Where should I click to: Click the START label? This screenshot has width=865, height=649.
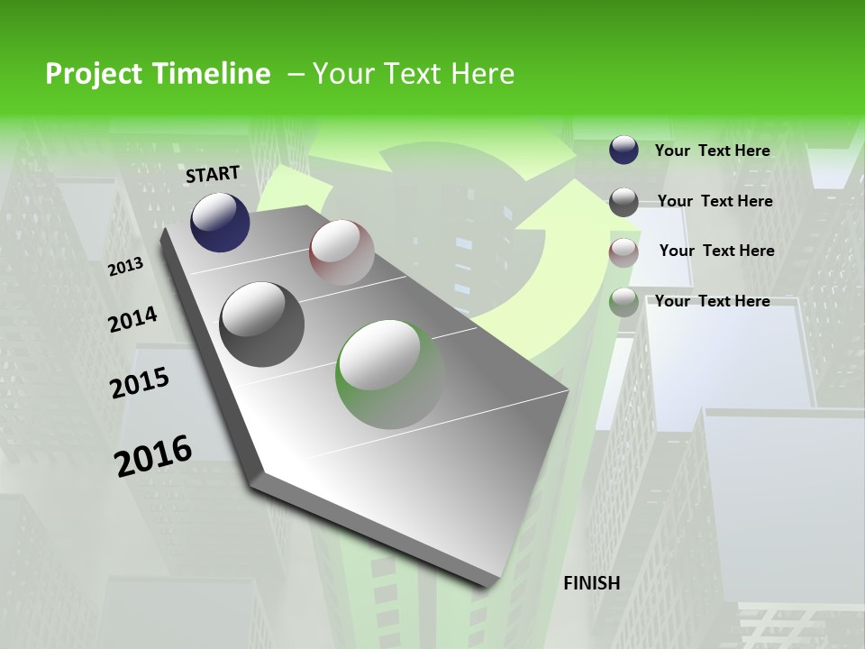pyautogui.click(x=213, y=174)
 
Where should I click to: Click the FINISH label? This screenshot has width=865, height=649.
pyautogui.click(x=591, y=583)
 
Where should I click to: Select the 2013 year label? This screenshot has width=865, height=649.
pyautogui.click(x=125, y=266)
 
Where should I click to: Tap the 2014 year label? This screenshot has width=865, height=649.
pyautogui.click(x=132, y=319)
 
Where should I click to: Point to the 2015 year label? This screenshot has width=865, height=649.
pyautogui.click(x=140, y=382)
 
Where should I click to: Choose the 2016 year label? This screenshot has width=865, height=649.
pyautogui.click(x=153, y=455)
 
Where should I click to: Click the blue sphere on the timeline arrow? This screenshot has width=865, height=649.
pyautogui.click(x=220, y=222)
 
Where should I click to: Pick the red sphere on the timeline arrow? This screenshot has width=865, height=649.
pyautogui.click(x=341, y=251)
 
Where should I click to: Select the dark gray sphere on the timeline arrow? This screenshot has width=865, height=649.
pyautogui.click(x=262, y=324)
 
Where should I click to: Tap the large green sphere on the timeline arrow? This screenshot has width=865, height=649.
pyautogui.click(x=390, y=374)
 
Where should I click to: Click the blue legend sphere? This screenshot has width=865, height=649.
pyautogui.click(x=624, y=151)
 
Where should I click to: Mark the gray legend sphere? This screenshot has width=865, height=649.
pyautogui.click(x=624, y=201)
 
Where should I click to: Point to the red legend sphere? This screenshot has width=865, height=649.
pyautogui.click(x=624, y=251)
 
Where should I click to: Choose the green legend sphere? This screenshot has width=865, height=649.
pyautogui.click(x=624, y=302)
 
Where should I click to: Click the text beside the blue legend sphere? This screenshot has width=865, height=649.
pyautogui.click(x=712, y=151)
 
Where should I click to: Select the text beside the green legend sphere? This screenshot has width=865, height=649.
pyautogui.click(x=712, y=301)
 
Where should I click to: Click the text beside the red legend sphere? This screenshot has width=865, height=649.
pyautogui.click(x=716, y=251)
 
